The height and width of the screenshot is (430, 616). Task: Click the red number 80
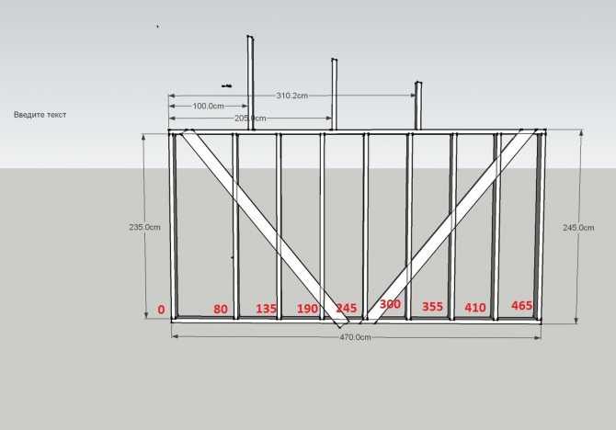click(x=221, y=309)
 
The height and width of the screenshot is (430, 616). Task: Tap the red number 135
click(x=266, y=309)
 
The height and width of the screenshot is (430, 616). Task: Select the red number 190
click(x=307, y=309)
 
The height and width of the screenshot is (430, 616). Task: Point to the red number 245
click(x=347, y=308)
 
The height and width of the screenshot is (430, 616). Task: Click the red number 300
click(x=390, y=304)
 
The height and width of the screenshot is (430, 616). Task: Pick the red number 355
click(x=432, y=306)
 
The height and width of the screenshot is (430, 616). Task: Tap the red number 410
click(x=475, y=308)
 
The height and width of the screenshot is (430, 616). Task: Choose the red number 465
click(x=521, y=305)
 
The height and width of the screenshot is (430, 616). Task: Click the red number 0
click(x=161, y=310)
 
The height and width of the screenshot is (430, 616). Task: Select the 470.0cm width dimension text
click(x=355, y=337)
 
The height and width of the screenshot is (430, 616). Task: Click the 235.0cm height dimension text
click(x=144, y=227)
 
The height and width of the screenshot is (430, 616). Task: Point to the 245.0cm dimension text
click(x=578, y=227)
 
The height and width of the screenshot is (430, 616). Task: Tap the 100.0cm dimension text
click(x=208, y=106)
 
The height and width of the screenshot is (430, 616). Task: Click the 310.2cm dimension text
click(x=291, y=96)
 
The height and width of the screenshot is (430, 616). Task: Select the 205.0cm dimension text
click(x=250, y=119)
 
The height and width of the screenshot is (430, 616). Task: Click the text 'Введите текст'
click(x=40, y=115)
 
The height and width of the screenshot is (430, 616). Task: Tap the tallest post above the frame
click(x=250, y=83)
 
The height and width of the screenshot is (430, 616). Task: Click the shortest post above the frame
click(x=418, y=106)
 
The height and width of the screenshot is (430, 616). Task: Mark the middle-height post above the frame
click(x=335, y=95)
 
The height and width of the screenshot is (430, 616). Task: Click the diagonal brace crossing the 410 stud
click(x=451, y=227)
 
